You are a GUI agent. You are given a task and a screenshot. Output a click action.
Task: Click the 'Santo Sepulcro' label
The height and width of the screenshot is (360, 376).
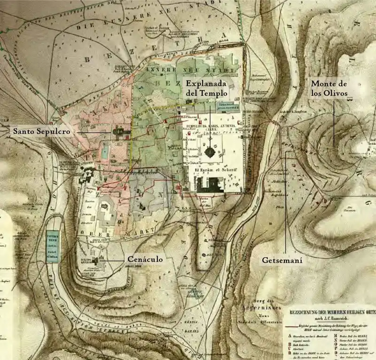(41, 132)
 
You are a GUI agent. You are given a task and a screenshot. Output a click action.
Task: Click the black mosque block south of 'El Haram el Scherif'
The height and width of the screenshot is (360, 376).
(209, 184)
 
